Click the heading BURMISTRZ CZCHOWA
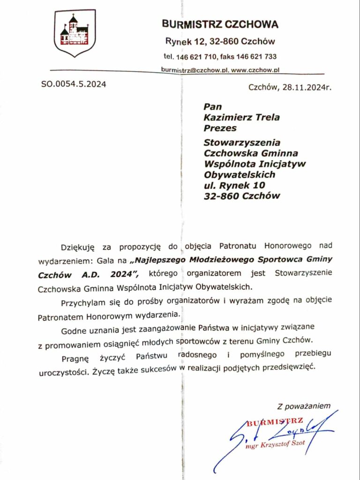(220, 24)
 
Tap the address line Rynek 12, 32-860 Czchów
(220, 41)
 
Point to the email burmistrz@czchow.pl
(195, 69)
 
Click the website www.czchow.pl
(255, 69)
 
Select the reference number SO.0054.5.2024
(74, 84)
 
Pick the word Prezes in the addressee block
(220, 127)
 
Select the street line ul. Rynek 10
(232, 185)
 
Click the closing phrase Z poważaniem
(304, 405)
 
